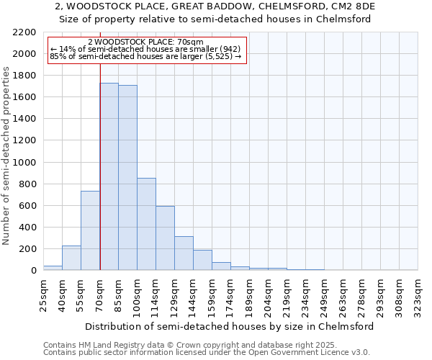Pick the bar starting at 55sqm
pos(90,230)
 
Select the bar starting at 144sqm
pos(202,260)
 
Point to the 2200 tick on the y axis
pos(24,32)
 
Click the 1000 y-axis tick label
pos(24,163)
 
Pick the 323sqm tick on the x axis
pos(418,294)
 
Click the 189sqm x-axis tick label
pos(249,294)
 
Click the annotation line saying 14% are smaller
pos(147,50)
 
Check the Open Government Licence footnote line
pos(207,352)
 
